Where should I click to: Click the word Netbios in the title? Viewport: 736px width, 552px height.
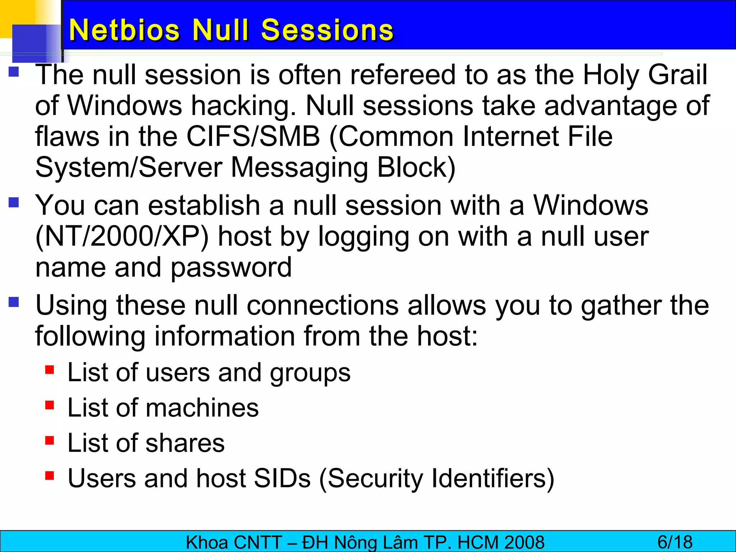pos(124,30)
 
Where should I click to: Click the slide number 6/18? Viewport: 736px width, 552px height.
pos(675,542)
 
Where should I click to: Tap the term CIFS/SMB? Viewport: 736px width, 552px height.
pos(253,137)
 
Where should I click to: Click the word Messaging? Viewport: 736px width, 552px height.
pos(299,167)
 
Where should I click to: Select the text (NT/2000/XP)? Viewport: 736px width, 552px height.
pos(122,236)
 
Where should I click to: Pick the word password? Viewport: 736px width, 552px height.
pos(231,268)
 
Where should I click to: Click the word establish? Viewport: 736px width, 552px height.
pos(204,206)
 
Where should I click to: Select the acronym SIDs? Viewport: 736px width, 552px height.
pos(282,478)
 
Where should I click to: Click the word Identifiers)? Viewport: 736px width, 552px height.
pos(493,478)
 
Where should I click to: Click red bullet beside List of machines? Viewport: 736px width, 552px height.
pos(50,405)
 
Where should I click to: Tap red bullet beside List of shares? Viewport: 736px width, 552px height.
pos(50,440)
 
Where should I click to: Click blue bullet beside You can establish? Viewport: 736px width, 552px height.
pos(14,203)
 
